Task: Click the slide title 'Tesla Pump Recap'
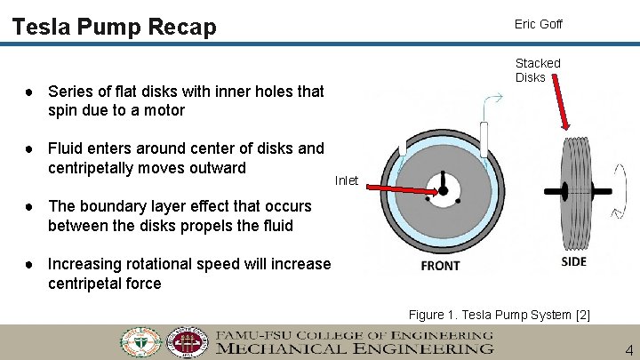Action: tap(114, 28)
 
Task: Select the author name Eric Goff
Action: tap(538, 24)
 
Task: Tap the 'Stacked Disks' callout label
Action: tap(538, 70)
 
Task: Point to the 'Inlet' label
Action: tap(346, 180)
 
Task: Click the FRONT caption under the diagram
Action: tap(440, 266)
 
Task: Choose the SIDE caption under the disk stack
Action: tap(574, 261)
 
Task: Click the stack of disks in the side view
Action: tap(574, 191)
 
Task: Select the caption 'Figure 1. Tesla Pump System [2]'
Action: tap(499, 315)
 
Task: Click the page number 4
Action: tap(628, 350)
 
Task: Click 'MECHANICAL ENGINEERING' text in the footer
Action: tap(355, 349)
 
